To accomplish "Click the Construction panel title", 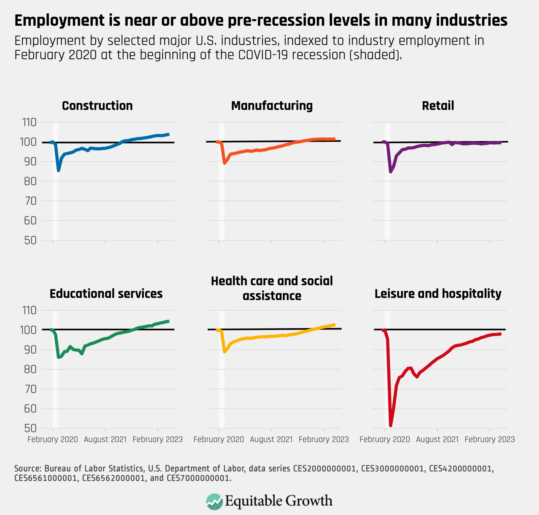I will [x=97, y=106].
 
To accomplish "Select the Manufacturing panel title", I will [x=272, y=106].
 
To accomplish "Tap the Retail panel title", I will [x=438, y=106].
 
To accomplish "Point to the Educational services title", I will [x=106, y=294].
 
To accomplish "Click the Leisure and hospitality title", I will [x=438, y=294].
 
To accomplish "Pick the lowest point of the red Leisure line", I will [x=390, y=425].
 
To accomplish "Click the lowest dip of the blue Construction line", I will [x=58, y=170].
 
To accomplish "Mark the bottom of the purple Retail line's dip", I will [x=390, y=172].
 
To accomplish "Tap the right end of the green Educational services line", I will [x=168, y=321].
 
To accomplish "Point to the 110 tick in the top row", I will [x=29, y=122].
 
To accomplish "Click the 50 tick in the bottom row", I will [x=30, y=428].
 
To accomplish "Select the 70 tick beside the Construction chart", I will [x=30, y=201].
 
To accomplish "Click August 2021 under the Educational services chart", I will [x=105, y=440].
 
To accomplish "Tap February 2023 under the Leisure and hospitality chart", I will [x=490, y=440].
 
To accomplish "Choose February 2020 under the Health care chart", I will [x=218, y=440].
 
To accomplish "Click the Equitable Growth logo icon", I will [x=214, y=502].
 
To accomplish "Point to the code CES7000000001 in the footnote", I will [x=198, y=478].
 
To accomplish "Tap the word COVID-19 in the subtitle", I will [x=263, y=55].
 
